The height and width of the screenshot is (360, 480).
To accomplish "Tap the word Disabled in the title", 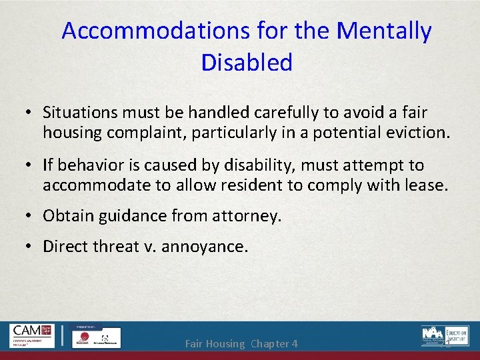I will [x=246, y=63].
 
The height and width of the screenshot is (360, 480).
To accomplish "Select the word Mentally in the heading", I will [x=384, y=31].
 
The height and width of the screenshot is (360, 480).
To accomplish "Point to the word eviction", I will [x=418, y=133].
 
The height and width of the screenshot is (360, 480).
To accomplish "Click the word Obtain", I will [x=67, y=215].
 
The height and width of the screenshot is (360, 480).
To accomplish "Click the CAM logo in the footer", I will [x=33, y=335].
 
